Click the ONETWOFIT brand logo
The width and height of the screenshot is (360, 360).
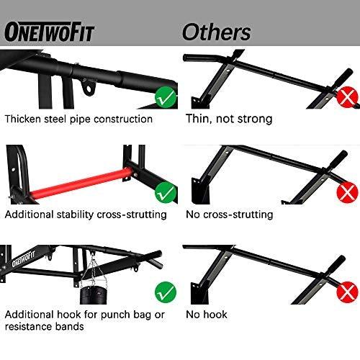coord(49,32)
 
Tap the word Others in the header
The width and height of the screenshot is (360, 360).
coord(216,32)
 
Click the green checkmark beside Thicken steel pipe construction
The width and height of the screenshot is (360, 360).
coord(166,95)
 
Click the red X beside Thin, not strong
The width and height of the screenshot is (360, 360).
coord(348,96)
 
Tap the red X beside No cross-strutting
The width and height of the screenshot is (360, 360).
coord(348,192)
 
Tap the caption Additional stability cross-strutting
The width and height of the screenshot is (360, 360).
coord(85,215)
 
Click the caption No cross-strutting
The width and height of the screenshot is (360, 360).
coord(229,215)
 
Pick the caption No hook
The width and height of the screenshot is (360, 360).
coord(207,315)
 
